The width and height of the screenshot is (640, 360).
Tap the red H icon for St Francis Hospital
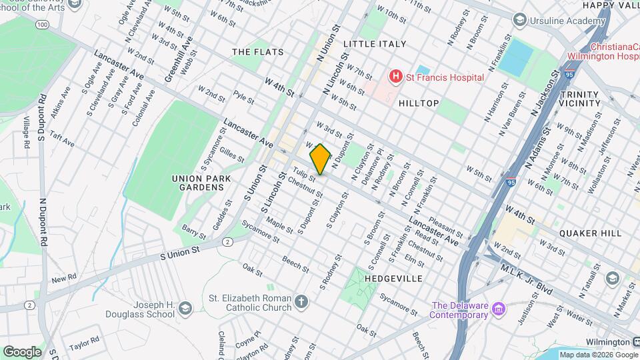tap(397, 77)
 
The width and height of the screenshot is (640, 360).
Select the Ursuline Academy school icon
tap(519, 21)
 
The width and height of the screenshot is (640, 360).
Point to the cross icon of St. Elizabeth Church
tap(301, 303)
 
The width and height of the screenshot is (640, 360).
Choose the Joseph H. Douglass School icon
tap(185, 307)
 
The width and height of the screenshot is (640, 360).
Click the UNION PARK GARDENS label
tap(197, 183)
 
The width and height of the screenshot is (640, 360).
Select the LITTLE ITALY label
tap(375, 44)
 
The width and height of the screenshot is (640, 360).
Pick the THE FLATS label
tap(257, 52)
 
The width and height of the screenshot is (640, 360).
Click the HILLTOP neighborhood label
tap(418, 103)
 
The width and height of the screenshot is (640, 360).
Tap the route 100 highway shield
tap(43, 25)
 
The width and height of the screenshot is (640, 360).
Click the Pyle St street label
tap(243, 99)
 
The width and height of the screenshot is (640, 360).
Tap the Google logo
tap(22, 351)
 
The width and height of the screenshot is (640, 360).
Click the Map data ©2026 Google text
tap(595, 355)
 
